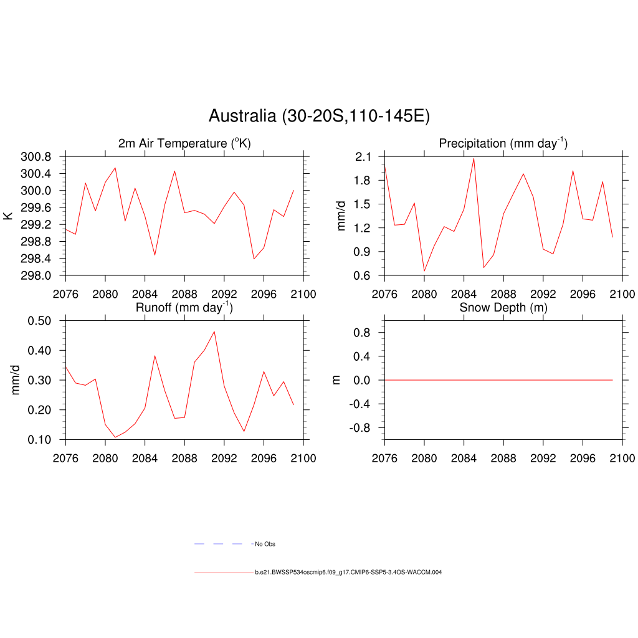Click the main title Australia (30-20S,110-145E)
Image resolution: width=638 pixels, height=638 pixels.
pos(319,116)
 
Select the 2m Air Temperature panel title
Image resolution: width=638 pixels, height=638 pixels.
pos(184,143)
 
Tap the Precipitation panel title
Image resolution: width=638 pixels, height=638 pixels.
pos(503,143)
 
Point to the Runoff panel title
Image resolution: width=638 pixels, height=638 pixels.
pos(184,307)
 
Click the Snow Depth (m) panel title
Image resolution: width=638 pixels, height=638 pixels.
pos(503,307)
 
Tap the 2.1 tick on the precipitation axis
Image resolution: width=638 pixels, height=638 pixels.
pos(364,156)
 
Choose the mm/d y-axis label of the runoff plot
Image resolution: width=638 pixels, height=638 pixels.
pos(16,380)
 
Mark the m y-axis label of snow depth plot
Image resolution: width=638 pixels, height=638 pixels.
pos(336,380)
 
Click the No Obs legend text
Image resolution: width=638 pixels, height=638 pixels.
pos(265,544)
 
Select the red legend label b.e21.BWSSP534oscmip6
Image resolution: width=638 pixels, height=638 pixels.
pos(348,572)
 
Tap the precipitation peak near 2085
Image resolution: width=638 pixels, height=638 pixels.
pos(474,158)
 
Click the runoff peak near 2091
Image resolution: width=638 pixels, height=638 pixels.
pos(214,331)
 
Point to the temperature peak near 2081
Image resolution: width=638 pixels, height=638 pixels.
pos(115,168)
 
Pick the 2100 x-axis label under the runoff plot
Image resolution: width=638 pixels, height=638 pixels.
pos(303,458)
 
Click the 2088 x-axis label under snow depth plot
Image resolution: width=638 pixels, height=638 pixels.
pos(503,458)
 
